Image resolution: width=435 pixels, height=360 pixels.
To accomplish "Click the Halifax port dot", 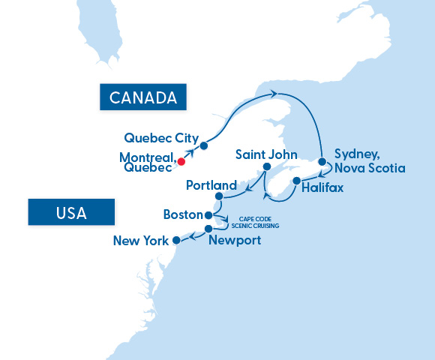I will pyautogui.click(x=296, y=181).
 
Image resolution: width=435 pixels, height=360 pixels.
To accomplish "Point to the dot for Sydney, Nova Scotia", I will pyautogui.click(x=322, y=161).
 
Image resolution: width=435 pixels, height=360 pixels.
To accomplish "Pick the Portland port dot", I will pyautogui.click(x=219, y=197).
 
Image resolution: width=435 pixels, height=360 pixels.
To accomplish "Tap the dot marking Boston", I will pyautogui.click(x=209, y=214).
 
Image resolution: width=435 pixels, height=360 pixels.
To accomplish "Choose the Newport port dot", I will pyautogui.click(x=208, y=228).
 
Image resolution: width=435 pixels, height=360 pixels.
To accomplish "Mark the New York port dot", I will pyautogui.click(x=176, y=241).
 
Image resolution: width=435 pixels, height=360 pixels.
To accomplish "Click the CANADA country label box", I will pyautogui.click(x=142, y=97).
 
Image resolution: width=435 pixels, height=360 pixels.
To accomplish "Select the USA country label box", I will pyautogui.click(x=71, y=212).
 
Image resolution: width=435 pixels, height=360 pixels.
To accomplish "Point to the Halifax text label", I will pyautogui.click(x=322, y=188).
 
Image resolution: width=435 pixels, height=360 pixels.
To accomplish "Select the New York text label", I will pyautogui.click(x=140, y=241).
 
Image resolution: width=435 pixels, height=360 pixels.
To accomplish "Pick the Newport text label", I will pyautogui.click(x=235, y=241).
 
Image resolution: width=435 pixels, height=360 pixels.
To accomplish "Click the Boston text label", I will pyautogui.click(x=183, y=215).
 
